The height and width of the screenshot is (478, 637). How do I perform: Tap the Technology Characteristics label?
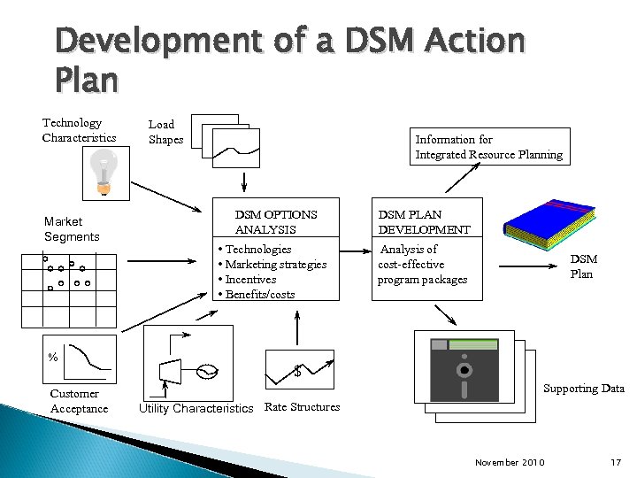click(79, 130)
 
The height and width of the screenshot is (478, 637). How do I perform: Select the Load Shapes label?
click(165, 132)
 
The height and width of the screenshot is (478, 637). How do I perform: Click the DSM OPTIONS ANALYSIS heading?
click(275, 222)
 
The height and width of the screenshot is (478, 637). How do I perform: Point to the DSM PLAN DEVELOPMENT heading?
click(424, 222)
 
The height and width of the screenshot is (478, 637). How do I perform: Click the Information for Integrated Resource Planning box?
click(488, 147)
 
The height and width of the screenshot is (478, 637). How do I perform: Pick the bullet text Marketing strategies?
click(275, 265)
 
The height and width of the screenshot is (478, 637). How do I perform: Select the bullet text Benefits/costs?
click(259, 294)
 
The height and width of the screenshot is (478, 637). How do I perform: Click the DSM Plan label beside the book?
click(582, 266)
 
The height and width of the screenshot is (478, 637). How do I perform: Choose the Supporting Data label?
click(583, 389)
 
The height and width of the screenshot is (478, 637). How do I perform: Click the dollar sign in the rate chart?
click(297, 372)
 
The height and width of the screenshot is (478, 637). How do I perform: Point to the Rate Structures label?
click(302, 407)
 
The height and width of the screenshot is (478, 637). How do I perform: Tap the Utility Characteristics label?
click(196, 408)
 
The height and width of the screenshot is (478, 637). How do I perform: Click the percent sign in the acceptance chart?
click(53, 358)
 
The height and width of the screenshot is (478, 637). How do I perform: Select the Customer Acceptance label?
click(79, 401)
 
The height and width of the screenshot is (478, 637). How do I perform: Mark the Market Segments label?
click(72, 229)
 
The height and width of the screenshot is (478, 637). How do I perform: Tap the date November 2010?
click(510, 463)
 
